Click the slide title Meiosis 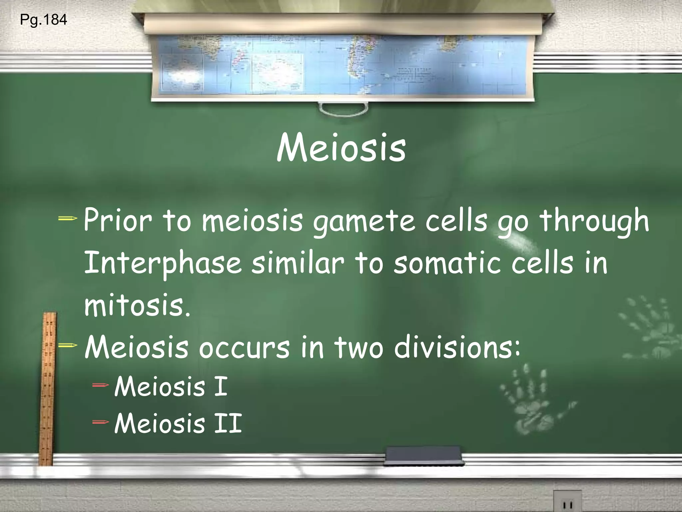341,148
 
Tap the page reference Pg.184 43,20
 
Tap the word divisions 457,347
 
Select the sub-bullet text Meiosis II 178,423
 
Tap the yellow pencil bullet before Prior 68,219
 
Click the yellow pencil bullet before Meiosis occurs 68,345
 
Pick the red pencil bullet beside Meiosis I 101,386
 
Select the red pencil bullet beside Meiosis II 101,422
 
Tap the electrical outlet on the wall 567,502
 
